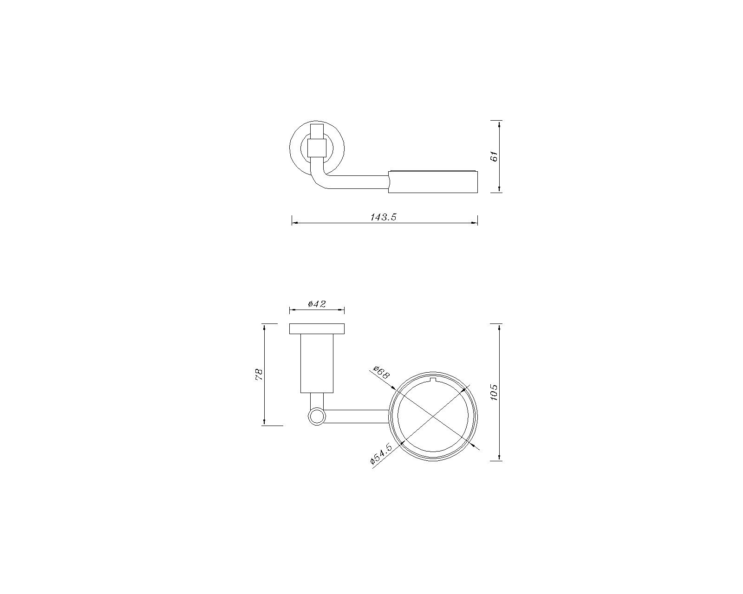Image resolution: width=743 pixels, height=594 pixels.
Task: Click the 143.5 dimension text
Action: pos(384,217)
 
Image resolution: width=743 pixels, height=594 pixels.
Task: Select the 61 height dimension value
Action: pos(494,156)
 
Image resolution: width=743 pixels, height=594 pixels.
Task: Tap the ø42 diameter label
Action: pos(317,304)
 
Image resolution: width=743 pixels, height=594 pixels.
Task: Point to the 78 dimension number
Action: pos(259,374)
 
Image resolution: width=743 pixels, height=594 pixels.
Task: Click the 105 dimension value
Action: pos(494,392)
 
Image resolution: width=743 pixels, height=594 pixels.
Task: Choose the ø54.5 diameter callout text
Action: pos(381,455)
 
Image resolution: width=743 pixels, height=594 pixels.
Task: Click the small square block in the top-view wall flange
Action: pos(317,148)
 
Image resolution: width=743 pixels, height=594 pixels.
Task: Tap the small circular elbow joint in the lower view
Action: pos(317,417)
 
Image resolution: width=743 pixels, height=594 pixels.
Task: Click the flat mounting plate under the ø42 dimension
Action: pos(317,329)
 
